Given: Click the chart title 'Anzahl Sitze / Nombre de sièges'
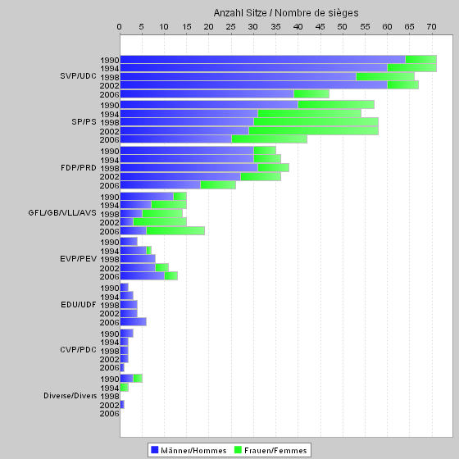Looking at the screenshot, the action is pyautogui.click(x=286, y=13).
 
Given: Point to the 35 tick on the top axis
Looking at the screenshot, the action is pyautogui.click(x=275, y=27).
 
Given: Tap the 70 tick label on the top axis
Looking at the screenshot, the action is pyautogui.click(x=431, y=27).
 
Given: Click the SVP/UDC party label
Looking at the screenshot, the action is pyautogui.click(x=78, y=75).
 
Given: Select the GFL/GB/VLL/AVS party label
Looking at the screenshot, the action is pyautogui.click(x=62, y=213).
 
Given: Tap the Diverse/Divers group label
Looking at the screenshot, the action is pyautogui.click(x=70, y=396).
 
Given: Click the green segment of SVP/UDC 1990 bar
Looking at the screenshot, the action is pyautogui.click(x=421, y=59).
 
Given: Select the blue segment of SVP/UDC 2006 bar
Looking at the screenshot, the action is pyautogui.click(x=207, y=94).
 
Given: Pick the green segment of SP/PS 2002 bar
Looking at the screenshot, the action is pyautogui.click(x=313, y=131).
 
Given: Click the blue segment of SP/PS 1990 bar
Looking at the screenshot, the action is pyautogui.click(x=209, y=105).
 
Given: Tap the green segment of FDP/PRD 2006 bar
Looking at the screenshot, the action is pyautogui.click(x=218, y=185).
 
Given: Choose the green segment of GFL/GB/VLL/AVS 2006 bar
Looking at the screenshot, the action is pyautogui.click(x=175, y=231).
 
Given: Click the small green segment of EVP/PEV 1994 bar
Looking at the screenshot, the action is pyautogui.click(x=148, y=251).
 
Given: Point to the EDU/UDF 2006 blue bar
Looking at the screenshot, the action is pyautogui.click(x=134, y=321).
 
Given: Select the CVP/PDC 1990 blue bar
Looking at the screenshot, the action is pyautogui.click(x=127, y=333).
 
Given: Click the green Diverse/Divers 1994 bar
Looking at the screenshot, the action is pyautogui.click(x=125, y=387).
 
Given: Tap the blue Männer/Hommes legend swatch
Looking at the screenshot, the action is pyautogui.click(x=155, y=450).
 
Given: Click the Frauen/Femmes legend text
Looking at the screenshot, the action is pyautogui.click(x=275, y=450).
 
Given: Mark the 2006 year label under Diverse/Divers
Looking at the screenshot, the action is pyautogui.click(x=110, y=414).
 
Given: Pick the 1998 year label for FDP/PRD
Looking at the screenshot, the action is pyautogui.click(x=110, y=168).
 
